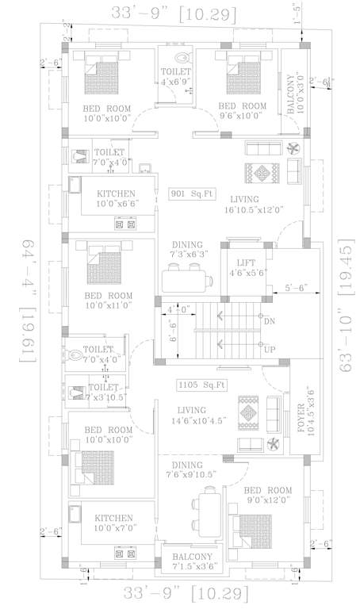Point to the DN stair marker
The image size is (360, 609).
click(x=270, y=321)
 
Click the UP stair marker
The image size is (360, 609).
click(x=269, y=349)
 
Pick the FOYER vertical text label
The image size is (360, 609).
click(x=303, y=415)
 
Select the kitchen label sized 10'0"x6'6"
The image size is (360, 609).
click(x=116, y=199)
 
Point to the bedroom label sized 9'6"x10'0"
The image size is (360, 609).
click(x=242, y=111)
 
